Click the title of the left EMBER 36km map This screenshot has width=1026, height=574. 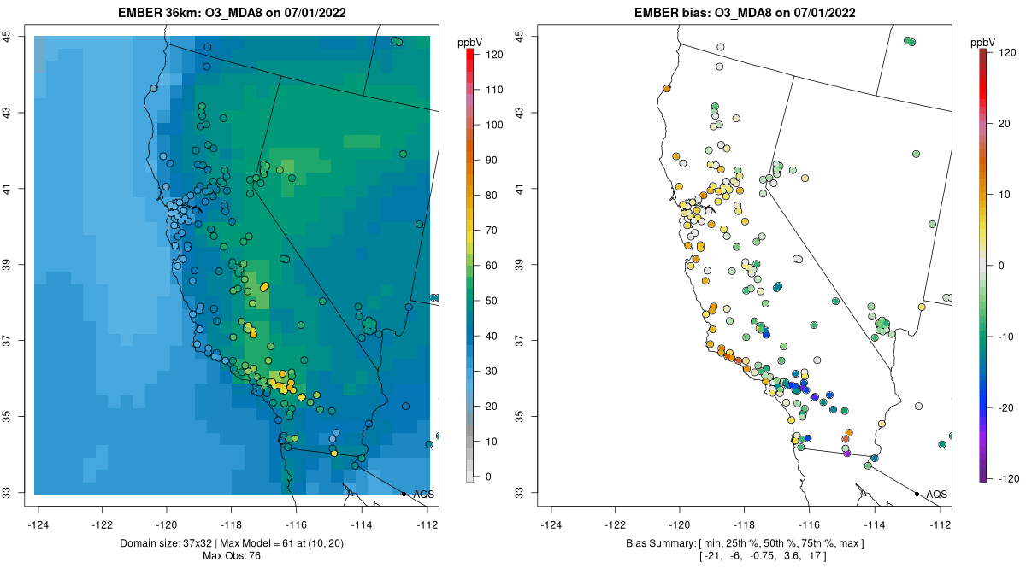point(233,12)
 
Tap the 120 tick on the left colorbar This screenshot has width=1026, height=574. point(494,54)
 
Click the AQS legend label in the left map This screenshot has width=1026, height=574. point(423,495)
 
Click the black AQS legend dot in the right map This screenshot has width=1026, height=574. point(917,494)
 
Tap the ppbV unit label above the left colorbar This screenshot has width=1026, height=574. point(470,43)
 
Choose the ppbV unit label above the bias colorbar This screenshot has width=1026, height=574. point(983,43)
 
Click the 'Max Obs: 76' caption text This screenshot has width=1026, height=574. point(233,556)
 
